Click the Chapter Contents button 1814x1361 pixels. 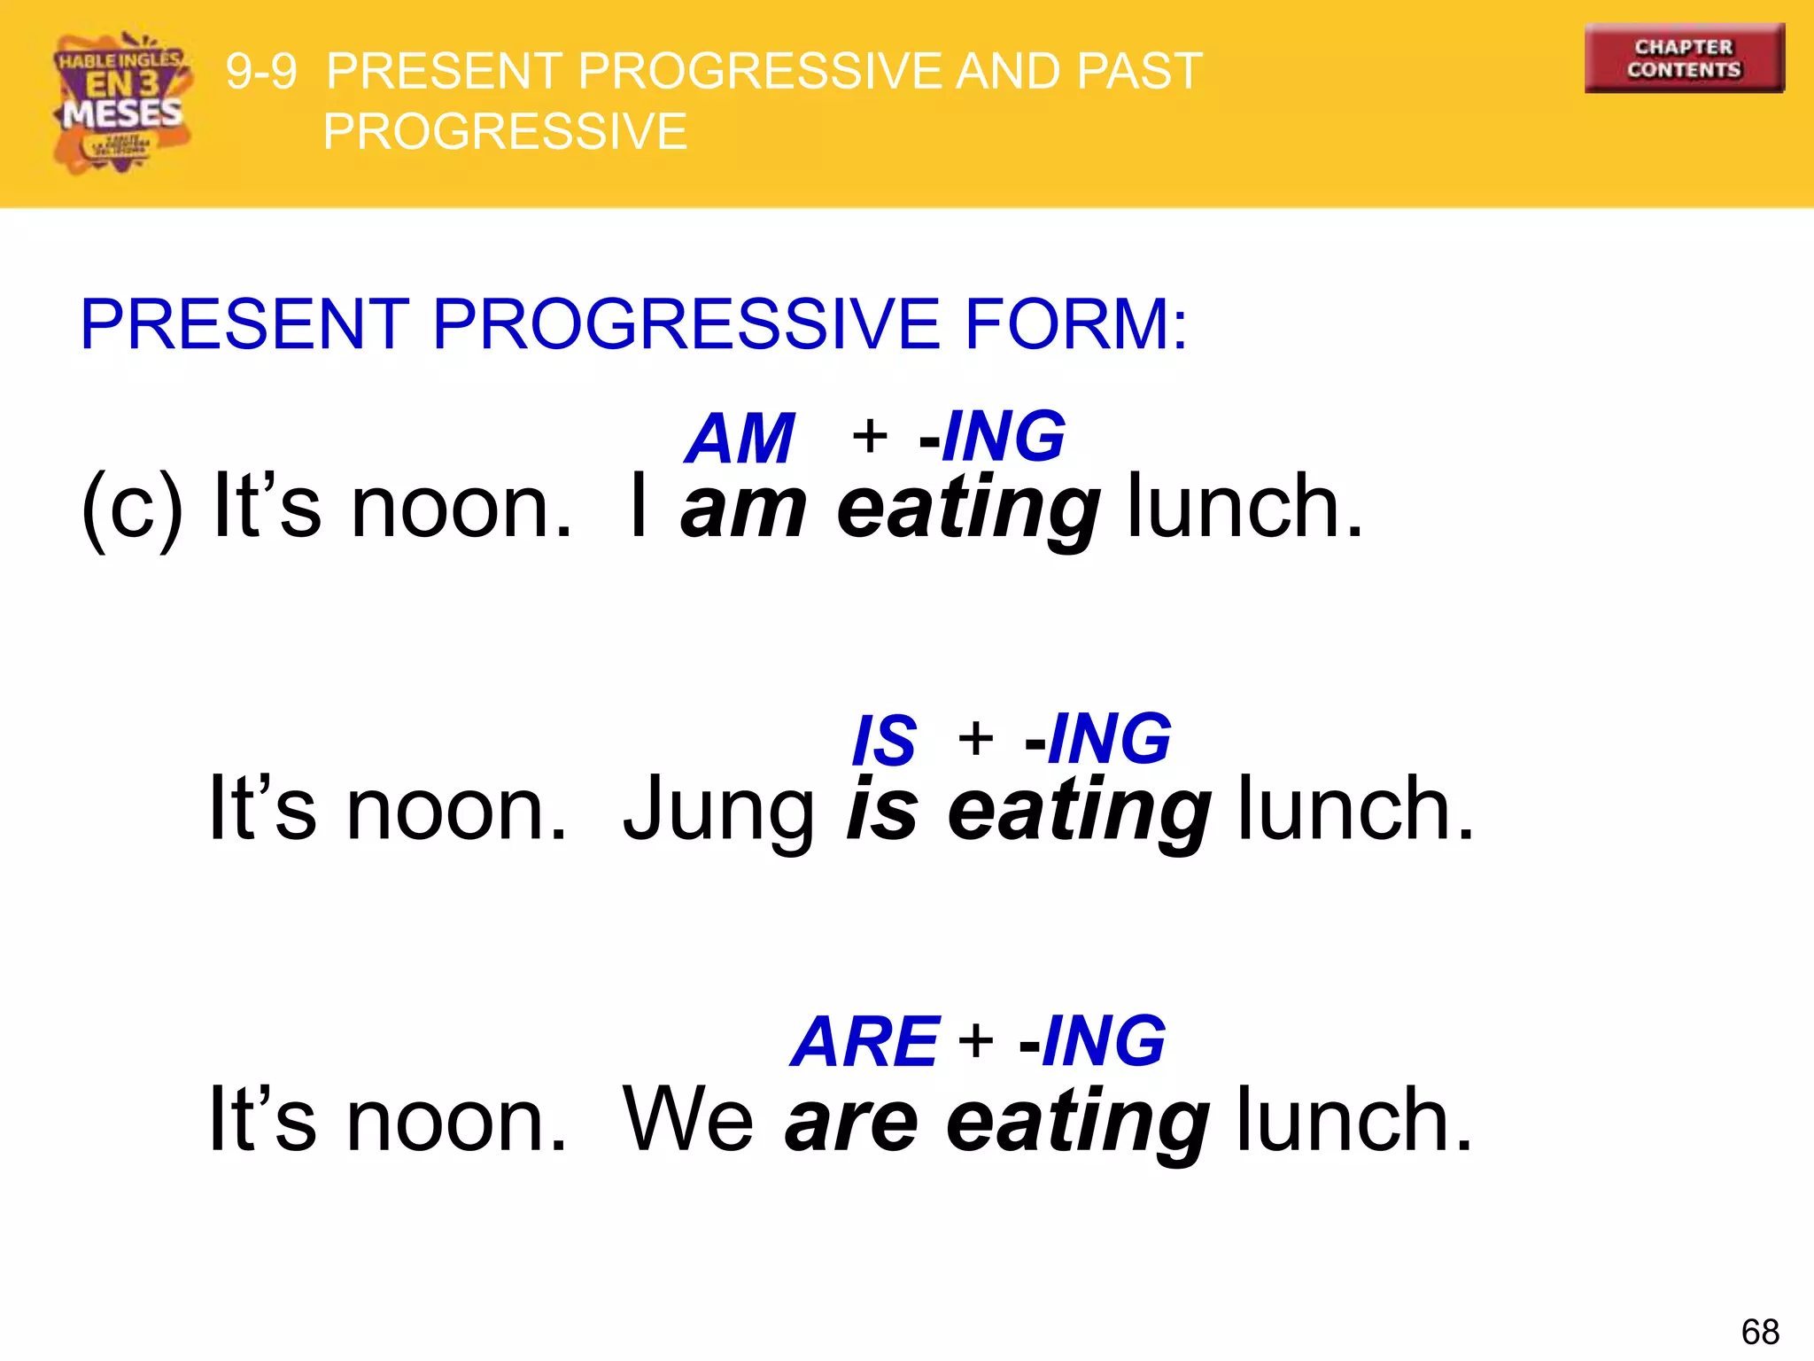[1684, 58]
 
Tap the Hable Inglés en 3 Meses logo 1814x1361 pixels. [122, 103]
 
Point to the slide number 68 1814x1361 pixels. [1759, 1332]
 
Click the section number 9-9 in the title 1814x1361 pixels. [261, 71]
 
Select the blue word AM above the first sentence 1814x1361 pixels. [740, 438]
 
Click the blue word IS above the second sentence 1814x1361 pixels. [883, 740]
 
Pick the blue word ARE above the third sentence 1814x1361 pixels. [864, 1041]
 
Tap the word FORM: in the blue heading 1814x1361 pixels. [1075, 324]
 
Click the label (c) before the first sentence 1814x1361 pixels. [132, 507]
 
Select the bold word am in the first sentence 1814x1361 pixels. [743, 508]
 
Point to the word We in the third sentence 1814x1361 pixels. [688, 1121]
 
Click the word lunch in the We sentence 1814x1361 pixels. [1354, 1121]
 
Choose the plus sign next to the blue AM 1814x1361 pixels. [870, 436]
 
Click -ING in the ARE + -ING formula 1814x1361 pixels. [1092, 1041]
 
